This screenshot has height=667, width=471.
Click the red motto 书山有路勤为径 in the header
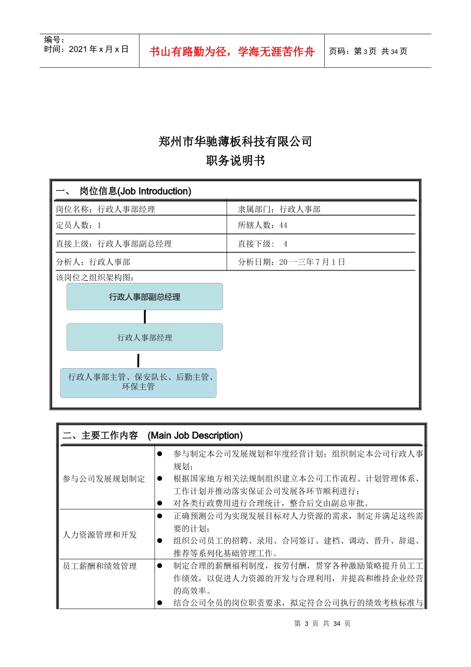(x=232, y=52)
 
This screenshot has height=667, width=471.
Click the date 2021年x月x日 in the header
(x=99, y=49)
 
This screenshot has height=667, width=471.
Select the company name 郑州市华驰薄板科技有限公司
(x=235, y=141)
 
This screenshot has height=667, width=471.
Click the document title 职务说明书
(x=235, y=160)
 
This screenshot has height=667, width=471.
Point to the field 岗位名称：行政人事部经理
(x=106, y=209)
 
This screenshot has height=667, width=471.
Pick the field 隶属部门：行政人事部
(x=279, y=209)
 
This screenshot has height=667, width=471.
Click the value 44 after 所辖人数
(x=283, y=225)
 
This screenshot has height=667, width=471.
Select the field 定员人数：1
(x=78, y=225)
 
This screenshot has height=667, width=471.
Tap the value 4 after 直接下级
(x=285, y=244)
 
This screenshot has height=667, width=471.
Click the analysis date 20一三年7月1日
(x=312, y=262)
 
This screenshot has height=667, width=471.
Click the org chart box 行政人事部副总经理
(x=145, y=297)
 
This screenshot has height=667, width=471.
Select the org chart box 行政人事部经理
(x=145, y=337)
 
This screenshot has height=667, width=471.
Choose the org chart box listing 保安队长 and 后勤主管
(x=138, y=382)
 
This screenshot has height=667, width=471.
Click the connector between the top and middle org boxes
(x=145, y=317)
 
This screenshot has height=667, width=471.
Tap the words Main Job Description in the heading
(x=195, y=435)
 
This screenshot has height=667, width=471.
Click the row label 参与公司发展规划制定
(x=104, y=479)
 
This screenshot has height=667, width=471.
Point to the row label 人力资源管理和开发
(x=100, y=534)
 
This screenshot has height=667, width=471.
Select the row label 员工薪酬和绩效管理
(x=100, y=566)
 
